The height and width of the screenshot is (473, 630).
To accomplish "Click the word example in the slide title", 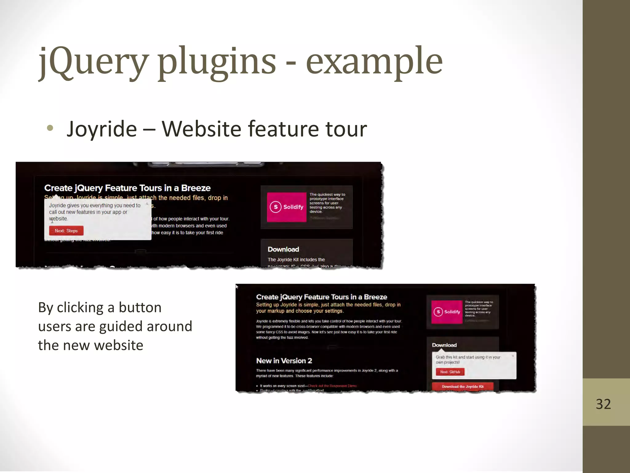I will click(374, 62).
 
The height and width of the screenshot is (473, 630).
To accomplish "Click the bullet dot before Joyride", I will click(50, 128).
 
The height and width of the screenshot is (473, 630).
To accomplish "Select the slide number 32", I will click(603, 404).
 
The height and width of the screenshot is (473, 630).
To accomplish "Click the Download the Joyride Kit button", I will click(463, 386).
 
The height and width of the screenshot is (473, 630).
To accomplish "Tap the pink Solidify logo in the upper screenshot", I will click(286, 207).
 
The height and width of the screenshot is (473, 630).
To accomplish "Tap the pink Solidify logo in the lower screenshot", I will click(447, 312).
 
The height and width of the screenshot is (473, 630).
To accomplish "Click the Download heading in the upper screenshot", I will click(283, 249).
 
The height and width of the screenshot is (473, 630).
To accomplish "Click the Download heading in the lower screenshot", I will click(444, 345).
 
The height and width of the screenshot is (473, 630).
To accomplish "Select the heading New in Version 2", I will click(284, 361).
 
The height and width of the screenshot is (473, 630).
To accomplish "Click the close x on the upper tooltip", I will click(147, 204).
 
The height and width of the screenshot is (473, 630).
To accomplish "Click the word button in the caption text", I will click(140, 307).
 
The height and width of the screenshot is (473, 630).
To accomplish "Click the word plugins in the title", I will click(217, 62).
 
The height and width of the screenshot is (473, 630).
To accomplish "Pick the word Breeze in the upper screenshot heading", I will click(196, 188).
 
